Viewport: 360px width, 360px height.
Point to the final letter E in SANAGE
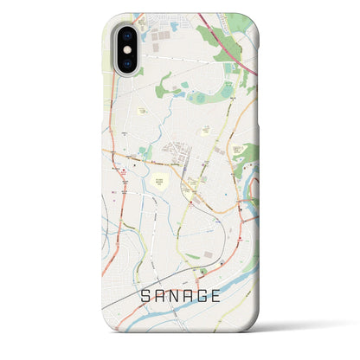coord(226,295)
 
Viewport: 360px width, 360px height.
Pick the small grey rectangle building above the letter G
coord(208,256)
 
